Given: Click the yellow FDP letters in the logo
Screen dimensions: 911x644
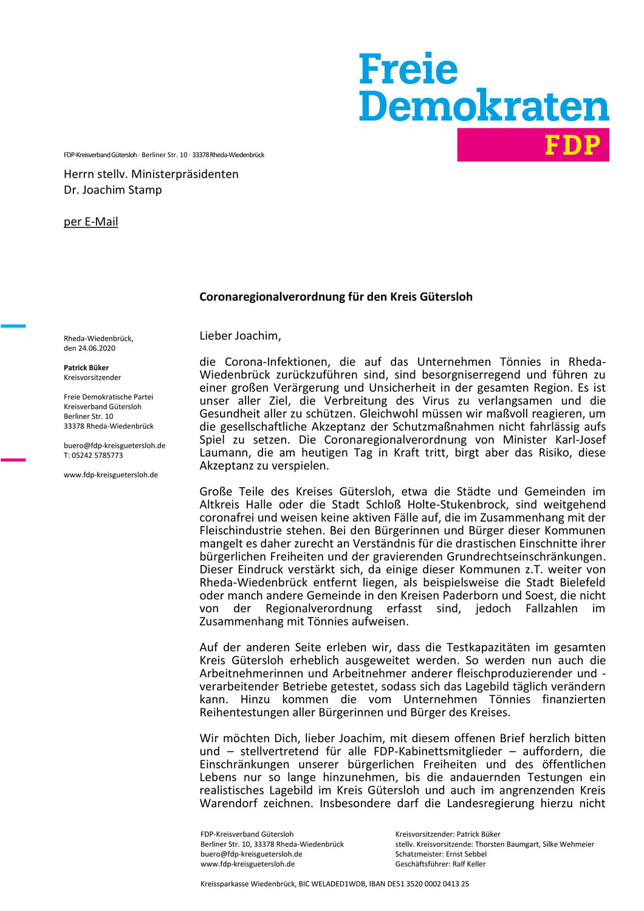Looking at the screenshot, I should pos(572,145).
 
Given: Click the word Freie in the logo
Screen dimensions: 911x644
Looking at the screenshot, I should pos(408,70).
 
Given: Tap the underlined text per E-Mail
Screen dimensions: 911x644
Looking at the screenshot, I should pos(91,222).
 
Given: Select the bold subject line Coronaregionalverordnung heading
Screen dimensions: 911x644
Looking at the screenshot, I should pos(336,297).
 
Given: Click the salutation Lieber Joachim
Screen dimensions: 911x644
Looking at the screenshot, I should pos(240,336).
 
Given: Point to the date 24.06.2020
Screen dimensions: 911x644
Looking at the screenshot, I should pos(97,349).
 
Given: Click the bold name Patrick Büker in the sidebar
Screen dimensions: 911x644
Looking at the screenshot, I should pos(86,367).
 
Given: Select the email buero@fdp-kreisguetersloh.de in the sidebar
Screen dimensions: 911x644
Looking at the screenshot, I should pos(114,446).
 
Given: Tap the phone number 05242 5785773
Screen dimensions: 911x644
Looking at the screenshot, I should pos(97,455).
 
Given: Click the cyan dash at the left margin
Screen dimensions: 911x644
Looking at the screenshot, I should pos(13,326).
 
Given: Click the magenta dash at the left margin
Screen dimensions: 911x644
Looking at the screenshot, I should pos(13,460).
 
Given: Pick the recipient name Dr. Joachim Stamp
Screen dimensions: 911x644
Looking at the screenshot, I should pos(113,190).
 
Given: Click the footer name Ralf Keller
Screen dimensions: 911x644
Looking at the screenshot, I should pos(469,864).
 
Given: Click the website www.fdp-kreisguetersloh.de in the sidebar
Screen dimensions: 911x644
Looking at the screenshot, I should pos(111,475).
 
